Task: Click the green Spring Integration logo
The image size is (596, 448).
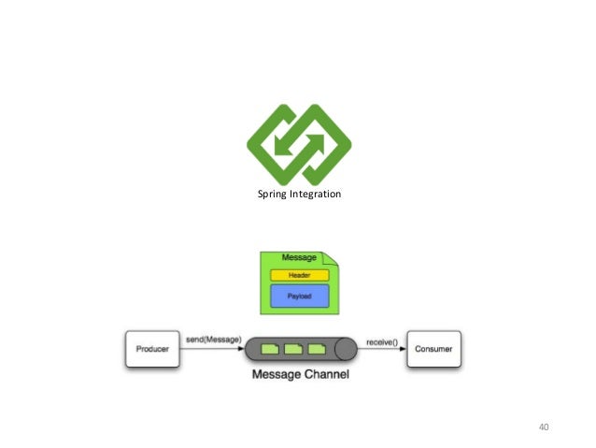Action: click(x=299, y=143)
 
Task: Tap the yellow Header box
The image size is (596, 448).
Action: click(x=298, y=275)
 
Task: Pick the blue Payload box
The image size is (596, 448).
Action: click(x=298, y=296)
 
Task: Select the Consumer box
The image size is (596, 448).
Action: click(x=433, y=350)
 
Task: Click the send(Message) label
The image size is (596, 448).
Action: click(x=213, y=339)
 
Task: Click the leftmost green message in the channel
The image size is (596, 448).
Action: click(x=270, y=350)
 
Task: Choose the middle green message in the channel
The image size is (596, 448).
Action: click(x=292, y=350)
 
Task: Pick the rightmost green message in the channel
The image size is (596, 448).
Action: click(x=316, y=350)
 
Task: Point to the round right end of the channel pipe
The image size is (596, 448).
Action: click(x=347, y=350)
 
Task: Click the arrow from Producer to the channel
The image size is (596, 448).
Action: click(x=213, y=350)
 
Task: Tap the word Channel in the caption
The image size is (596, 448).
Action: click(x=326, y=375)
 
